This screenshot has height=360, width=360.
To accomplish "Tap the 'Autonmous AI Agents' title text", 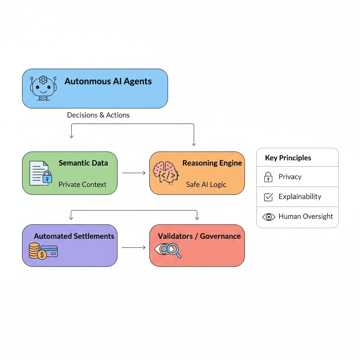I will pos(108,82).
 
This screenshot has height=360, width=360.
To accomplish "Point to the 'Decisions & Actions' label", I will pos(98,115).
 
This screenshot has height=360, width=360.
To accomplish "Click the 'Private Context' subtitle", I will pos(82,184).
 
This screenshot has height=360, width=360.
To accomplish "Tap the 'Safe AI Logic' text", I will pos(206,184).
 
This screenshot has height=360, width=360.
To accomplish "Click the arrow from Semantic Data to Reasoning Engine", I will pos(134,173).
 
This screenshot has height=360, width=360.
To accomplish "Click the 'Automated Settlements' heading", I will pos(74,236).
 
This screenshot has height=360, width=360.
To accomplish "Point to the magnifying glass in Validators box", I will pos(174,250).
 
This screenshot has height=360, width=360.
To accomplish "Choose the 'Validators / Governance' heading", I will pos(199,236).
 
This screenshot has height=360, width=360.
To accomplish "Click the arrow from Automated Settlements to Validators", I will pos(134,247).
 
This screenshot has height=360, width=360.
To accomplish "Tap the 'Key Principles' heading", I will pos(288,158).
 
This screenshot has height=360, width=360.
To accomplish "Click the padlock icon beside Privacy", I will pos(268,177).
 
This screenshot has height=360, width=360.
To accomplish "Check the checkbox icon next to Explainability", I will pos(268,197).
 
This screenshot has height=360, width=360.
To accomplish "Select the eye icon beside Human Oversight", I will pos(269,217).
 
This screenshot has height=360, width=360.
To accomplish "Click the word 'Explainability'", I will pos(300,197).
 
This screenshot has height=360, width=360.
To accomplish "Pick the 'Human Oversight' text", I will pos(306,217).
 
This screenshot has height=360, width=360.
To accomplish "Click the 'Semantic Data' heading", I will pos(83,163).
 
